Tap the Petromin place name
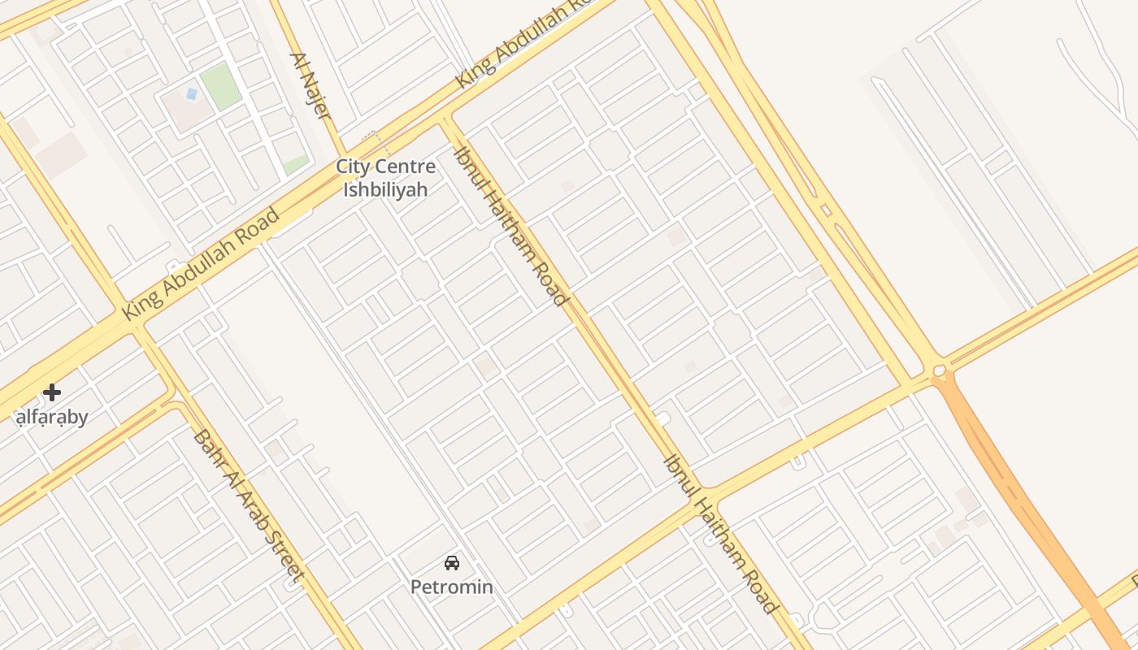coord(451,587)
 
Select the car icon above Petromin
coord(452,562)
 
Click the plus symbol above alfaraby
coord(52,393)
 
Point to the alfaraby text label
coord(52,418)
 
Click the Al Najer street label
coord(311,86)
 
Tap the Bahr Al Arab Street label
coord(249,506)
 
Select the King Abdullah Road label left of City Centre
coord(200,264)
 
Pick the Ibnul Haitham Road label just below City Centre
coord(510,226)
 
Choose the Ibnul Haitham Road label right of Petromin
coord(721,534)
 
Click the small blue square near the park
coord(191,94)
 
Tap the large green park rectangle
coord(220,86)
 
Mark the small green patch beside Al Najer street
coord(296,164)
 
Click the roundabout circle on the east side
coord(940,372)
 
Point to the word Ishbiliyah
coord(385,190)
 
